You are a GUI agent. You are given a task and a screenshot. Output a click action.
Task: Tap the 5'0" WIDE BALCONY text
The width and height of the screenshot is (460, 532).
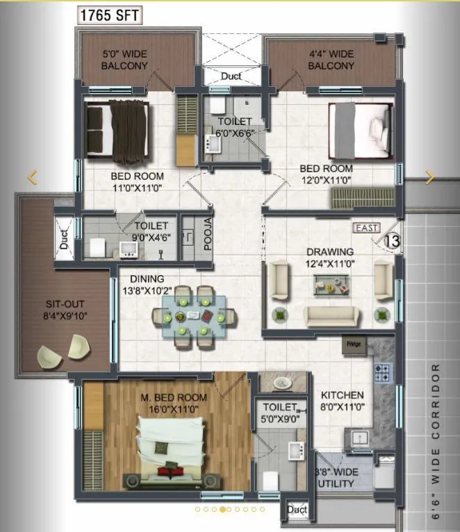[124, 60]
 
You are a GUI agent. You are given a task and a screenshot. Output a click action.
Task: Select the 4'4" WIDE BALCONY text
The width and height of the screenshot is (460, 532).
[331, 60]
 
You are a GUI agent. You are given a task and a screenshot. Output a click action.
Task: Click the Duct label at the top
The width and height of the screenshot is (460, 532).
[231, 76]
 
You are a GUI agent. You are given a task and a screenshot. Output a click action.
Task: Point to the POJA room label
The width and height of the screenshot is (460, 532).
[208, 234]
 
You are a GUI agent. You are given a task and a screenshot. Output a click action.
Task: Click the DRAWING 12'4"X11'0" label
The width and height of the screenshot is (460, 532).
[330, 256]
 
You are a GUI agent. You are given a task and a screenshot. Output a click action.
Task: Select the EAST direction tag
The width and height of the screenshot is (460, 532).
[366, 228]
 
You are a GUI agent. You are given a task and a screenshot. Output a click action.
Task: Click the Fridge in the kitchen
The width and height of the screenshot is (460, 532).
[354, 344]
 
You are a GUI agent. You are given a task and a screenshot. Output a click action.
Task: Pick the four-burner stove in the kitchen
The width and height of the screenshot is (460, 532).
[383, 373]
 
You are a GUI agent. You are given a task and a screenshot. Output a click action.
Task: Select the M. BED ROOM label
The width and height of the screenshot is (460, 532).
[173, 403]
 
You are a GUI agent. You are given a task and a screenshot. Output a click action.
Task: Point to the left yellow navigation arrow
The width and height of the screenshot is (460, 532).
[32, 177]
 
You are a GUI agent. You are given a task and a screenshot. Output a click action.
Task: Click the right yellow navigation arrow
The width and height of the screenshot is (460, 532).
[430, 177]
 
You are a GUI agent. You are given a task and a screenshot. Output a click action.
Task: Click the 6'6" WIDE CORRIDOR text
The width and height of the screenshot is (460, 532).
[436, 441]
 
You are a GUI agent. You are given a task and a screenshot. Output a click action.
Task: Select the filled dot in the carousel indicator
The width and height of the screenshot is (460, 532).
[222, 509]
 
